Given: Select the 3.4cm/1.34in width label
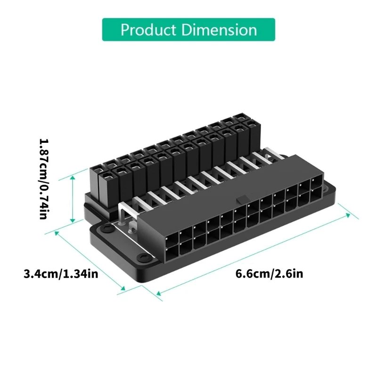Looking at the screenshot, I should [x=61, y=274].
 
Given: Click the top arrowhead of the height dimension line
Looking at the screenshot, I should [x=73, y=178].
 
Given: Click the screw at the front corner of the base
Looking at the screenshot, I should [x=141, y=257].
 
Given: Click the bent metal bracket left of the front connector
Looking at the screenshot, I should [x=123, y=218].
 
